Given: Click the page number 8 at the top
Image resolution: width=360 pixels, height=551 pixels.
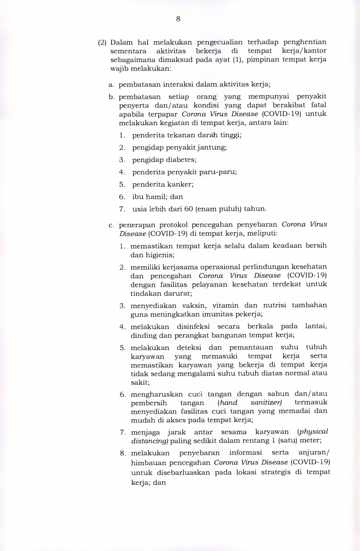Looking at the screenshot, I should coord(178,18).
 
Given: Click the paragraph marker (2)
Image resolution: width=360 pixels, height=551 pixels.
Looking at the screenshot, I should coord(102,43).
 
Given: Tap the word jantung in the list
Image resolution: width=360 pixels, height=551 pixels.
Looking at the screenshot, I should coord(213,147).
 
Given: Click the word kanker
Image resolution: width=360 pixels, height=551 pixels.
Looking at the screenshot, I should coord(181,184).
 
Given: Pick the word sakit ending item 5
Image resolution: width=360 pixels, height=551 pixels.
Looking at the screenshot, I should coord(139,382).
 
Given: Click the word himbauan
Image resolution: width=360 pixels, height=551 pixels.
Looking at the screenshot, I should coord(148,462).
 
